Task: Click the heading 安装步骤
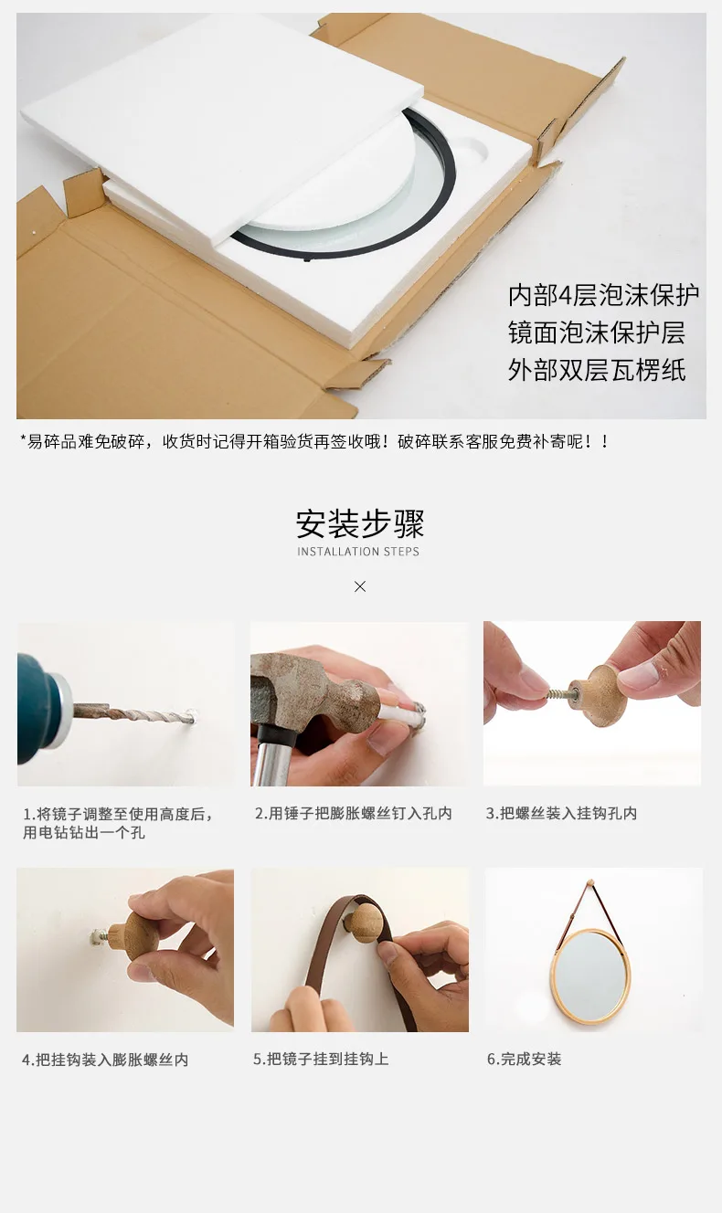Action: [360, 523]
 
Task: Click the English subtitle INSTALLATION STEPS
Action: [358, 552]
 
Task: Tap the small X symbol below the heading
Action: [360, 586]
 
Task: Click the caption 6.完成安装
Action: [524, 1059]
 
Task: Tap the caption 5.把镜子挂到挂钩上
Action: [321, 1059]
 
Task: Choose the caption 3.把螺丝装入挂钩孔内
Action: [561, 813]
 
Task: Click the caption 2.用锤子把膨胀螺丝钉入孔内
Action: [353, 813]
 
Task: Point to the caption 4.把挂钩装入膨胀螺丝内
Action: [105, 1060]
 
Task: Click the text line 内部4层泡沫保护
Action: [603, 295]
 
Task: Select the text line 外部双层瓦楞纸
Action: [597, 371]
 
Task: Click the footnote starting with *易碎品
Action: [314, 441]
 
